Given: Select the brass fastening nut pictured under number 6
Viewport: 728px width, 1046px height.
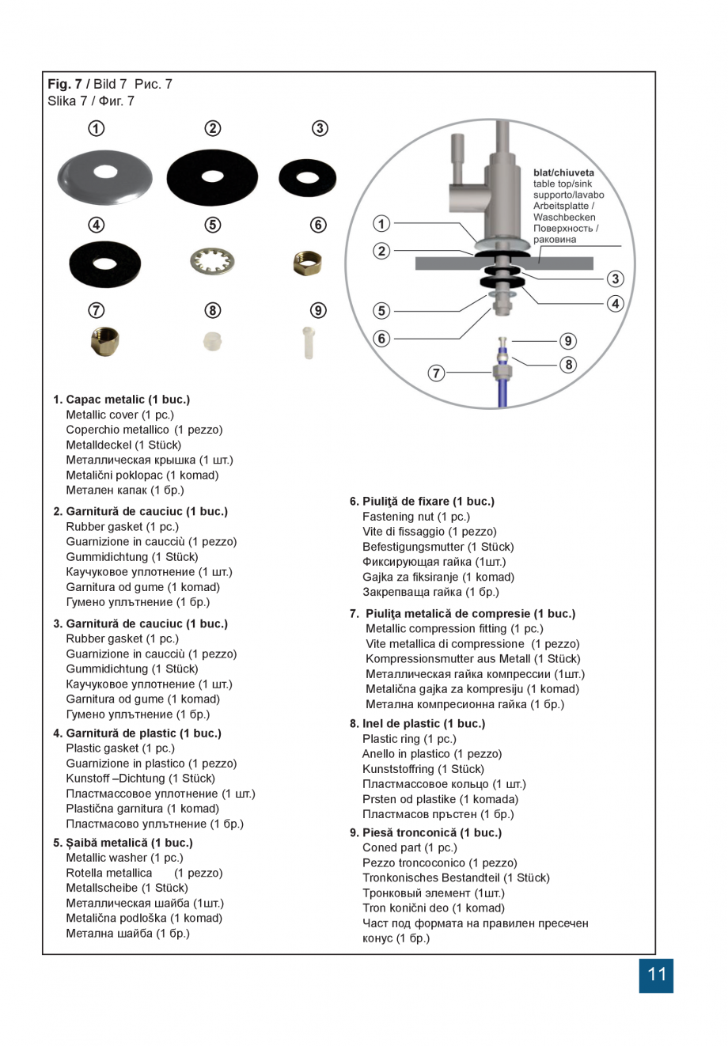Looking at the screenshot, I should pyautogui.click(x=307, y=263).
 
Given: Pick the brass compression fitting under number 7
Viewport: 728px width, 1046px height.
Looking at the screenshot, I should pyautogui.click(x=105, y=341).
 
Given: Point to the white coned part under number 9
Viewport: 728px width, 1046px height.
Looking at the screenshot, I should pyautogui.click(x=309, y=343).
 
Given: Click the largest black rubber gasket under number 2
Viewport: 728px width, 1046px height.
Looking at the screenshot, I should pyautogui.click(x=212, y=177).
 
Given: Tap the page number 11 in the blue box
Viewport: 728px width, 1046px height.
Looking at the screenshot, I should pyautogui.click(x=656, y=975).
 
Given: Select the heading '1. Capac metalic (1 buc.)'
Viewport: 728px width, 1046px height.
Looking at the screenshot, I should pyautogui.click(x=121, y=400).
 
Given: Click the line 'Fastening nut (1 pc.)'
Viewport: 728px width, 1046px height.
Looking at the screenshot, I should pyautogui.click(x=415, y=517).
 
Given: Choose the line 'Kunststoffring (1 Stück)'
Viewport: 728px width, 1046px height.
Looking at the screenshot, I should pyautogui.click(x=423, y=769).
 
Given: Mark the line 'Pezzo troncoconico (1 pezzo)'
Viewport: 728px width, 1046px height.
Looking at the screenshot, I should pyautogui.click(x=439, y=863).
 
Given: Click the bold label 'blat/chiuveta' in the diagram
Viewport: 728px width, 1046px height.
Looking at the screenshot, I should pyautogui.click(x=563, y=172).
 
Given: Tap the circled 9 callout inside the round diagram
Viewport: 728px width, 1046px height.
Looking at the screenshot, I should pyautogui.click(x=568, y=341).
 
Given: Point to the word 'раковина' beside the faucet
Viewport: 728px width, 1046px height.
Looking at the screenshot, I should pyautogui.click(x=555, y=240).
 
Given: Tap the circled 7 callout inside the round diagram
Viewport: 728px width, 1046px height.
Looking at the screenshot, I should pyautogui.click(x=436, y=373).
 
